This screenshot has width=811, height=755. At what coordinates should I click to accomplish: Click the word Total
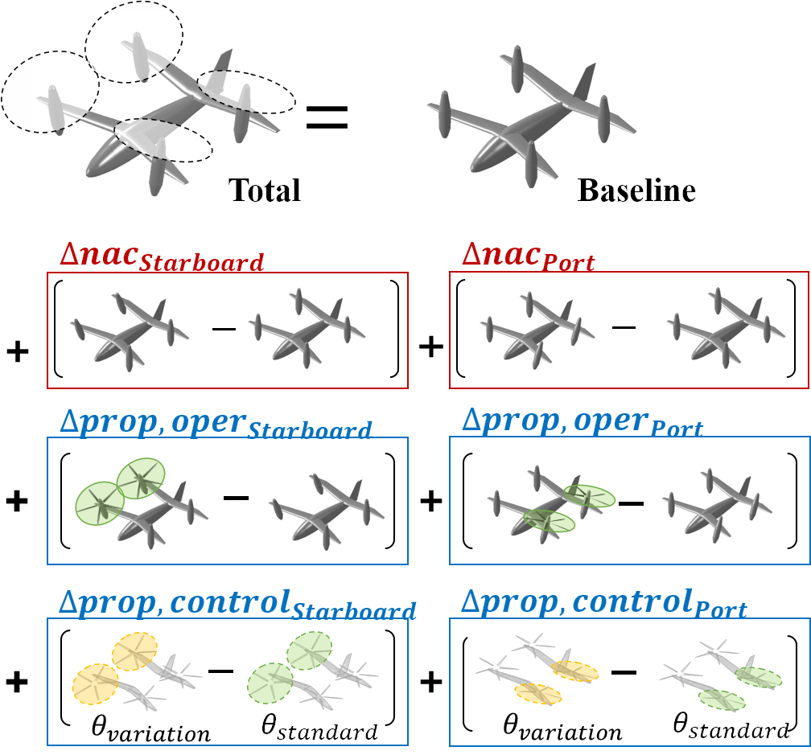coord(264,191)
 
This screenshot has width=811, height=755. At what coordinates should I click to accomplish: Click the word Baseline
coord(636,191)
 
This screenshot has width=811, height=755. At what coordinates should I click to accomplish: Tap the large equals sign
coord(327,117)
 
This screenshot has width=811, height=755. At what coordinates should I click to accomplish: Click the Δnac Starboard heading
coord(162,256)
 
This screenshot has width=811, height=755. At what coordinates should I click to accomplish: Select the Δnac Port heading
coord(528,256)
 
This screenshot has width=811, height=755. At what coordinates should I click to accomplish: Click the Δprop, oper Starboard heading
coord(216,424)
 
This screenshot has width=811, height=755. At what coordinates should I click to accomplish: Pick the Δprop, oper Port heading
coord(583,423)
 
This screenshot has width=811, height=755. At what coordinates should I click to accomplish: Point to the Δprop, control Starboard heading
coord(237,604)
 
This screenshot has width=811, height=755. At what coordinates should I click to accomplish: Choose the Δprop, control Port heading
coord(603,603)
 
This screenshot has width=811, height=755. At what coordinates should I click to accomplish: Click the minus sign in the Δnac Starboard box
coord(224,329)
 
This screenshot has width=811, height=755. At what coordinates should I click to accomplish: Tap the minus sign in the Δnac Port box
coord(624,327)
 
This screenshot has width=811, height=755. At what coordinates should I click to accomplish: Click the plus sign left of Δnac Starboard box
coord(18,352)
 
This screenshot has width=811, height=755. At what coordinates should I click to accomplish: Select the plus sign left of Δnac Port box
coord(431,347)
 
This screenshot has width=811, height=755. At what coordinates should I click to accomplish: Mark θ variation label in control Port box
coord(562,728)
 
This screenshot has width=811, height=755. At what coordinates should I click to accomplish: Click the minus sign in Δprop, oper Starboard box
coord(236,498)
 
